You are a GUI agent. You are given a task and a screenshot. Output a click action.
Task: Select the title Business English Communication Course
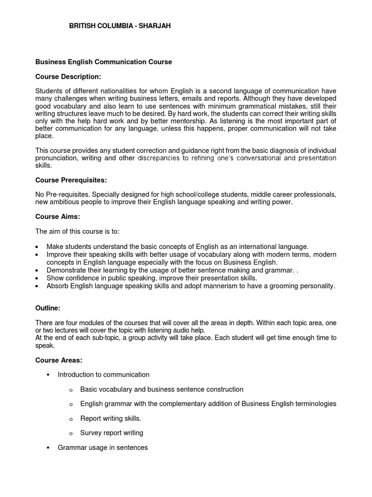pyautogui.click(x=104, y=62)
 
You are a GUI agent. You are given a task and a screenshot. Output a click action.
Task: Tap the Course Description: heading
pyautogui.click(x=68, y=77)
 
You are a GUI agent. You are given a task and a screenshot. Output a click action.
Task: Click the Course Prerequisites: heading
pyautogui.click(x=71, y=180)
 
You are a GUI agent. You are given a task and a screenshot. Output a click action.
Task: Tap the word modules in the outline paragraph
pyautogui.click(x=93, y=322)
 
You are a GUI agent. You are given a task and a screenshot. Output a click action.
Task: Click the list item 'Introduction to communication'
pyautogui.click(x=103, y=375)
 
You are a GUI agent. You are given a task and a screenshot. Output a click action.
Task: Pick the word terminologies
pyautogui.click(x=315, y=404)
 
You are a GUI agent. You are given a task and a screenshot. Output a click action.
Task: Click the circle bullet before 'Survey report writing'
pyautogui.click(x=70, y=433)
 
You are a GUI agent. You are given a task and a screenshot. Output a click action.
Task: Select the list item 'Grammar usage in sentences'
pyautogui.click(x=102, y=447)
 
